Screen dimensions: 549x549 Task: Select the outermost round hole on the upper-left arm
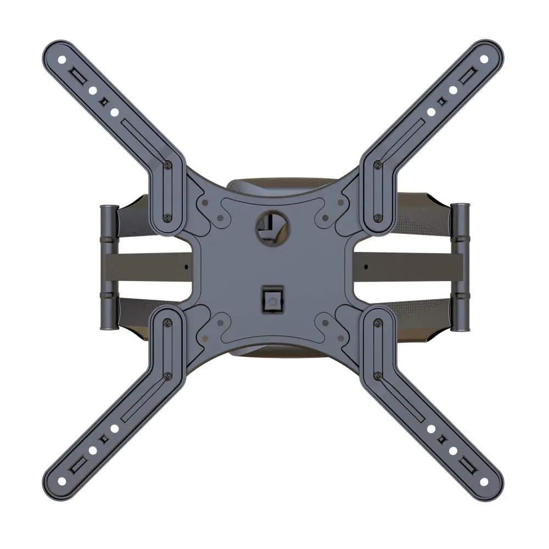62,59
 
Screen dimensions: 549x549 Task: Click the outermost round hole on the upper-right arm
484,59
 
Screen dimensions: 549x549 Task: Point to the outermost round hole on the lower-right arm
484,481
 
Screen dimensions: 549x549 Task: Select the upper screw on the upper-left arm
167,164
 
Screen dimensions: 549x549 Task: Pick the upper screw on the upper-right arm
377,164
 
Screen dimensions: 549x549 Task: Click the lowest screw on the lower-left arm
167,376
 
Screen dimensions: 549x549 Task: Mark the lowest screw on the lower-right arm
377,376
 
